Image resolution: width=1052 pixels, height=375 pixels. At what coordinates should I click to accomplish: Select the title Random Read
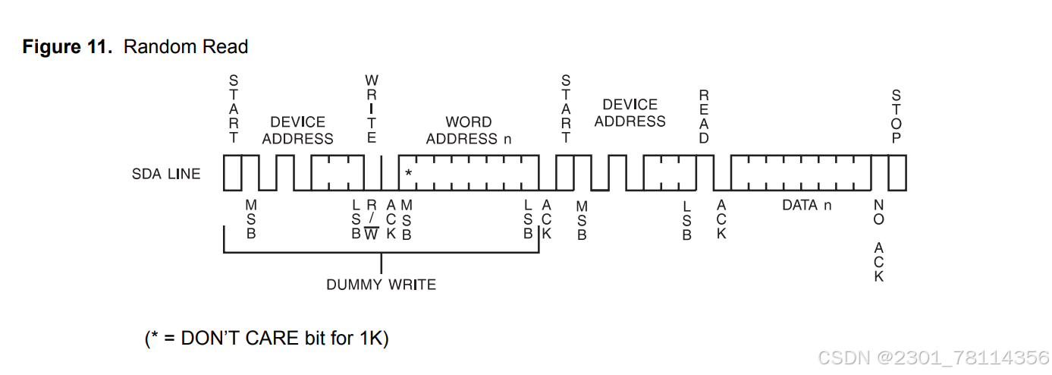(x=186, y=47)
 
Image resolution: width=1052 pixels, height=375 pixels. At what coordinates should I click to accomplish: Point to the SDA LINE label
(x=166, y=174)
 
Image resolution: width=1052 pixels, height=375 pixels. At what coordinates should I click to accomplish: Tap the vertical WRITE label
(x=372, y=109)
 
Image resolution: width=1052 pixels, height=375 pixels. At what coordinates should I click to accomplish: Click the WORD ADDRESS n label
(x=468, y=131)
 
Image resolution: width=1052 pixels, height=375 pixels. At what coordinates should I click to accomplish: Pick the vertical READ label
(x=704, y=116)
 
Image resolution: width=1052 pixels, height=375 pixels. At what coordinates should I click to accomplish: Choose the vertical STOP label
(x=897, y=116)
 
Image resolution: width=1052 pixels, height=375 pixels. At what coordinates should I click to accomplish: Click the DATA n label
(x=806, y=205)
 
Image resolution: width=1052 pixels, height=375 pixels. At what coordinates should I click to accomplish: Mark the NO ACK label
(x=879, y=241)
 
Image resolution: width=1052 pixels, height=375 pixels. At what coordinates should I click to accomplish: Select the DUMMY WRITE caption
(x=381, y=285)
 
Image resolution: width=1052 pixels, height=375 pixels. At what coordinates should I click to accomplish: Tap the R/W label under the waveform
(x=372, y=219)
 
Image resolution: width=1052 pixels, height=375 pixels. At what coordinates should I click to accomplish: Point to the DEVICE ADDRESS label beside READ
(x=630, y=113)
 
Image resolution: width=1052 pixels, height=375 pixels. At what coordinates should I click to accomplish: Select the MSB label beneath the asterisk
(x=407, y=219)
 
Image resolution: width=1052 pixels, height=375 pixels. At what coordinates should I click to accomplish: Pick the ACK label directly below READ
(x=721, y=219)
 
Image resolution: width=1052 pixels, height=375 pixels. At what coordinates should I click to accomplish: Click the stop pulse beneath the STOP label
(x=897, y=172)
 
